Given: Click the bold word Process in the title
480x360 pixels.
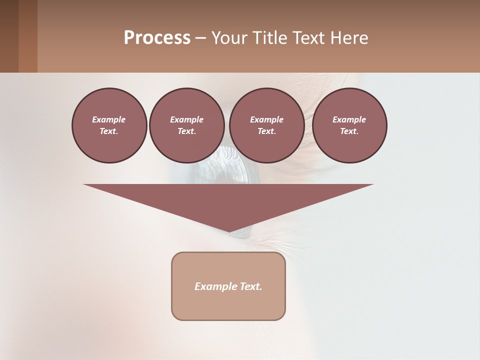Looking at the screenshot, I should tap(157, 38).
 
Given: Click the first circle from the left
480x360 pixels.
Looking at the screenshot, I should tap(109, 125).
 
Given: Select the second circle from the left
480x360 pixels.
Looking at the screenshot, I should tap(186, 125).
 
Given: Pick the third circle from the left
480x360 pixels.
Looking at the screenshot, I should tap(266, 125).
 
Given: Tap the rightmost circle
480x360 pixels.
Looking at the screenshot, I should tap(349, 125).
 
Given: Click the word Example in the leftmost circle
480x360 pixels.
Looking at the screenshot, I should tap(109, 119).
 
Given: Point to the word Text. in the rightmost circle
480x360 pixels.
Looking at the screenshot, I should tap(349, 131).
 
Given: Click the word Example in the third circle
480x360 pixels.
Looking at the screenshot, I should tap(266, 119).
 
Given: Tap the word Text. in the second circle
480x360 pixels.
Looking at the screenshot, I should tap(186, 131).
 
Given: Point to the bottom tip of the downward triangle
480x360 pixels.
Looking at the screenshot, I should tap(229, 231).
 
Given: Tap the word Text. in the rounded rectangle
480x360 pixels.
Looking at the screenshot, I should tap(251, 286).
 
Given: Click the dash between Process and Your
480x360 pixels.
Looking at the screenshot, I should tap(201, 38).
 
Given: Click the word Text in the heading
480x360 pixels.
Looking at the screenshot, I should tap(307, 38).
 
